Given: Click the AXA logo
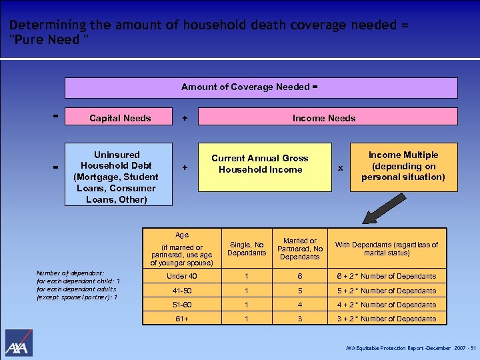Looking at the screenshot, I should pos(19,343).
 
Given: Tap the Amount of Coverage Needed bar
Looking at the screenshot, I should pos(261,87).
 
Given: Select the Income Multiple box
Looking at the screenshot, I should pos(403,167).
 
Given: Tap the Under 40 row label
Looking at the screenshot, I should pos(182,276).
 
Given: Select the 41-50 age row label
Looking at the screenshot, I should pos(182,291).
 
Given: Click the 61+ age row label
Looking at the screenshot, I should pos(182,319).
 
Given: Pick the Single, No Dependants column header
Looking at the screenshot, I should pos(247,249).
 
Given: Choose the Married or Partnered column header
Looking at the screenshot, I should pos(300,249).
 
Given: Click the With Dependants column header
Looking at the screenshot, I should pos(386,249).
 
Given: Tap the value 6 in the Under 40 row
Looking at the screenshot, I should pos(300,276).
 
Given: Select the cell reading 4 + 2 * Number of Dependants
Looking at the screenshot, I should pos(386,305).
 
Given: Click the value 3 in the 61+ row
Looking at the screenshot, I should pos(300,319).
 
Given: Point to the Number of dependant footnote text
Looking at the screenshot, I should pos(77,285).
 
